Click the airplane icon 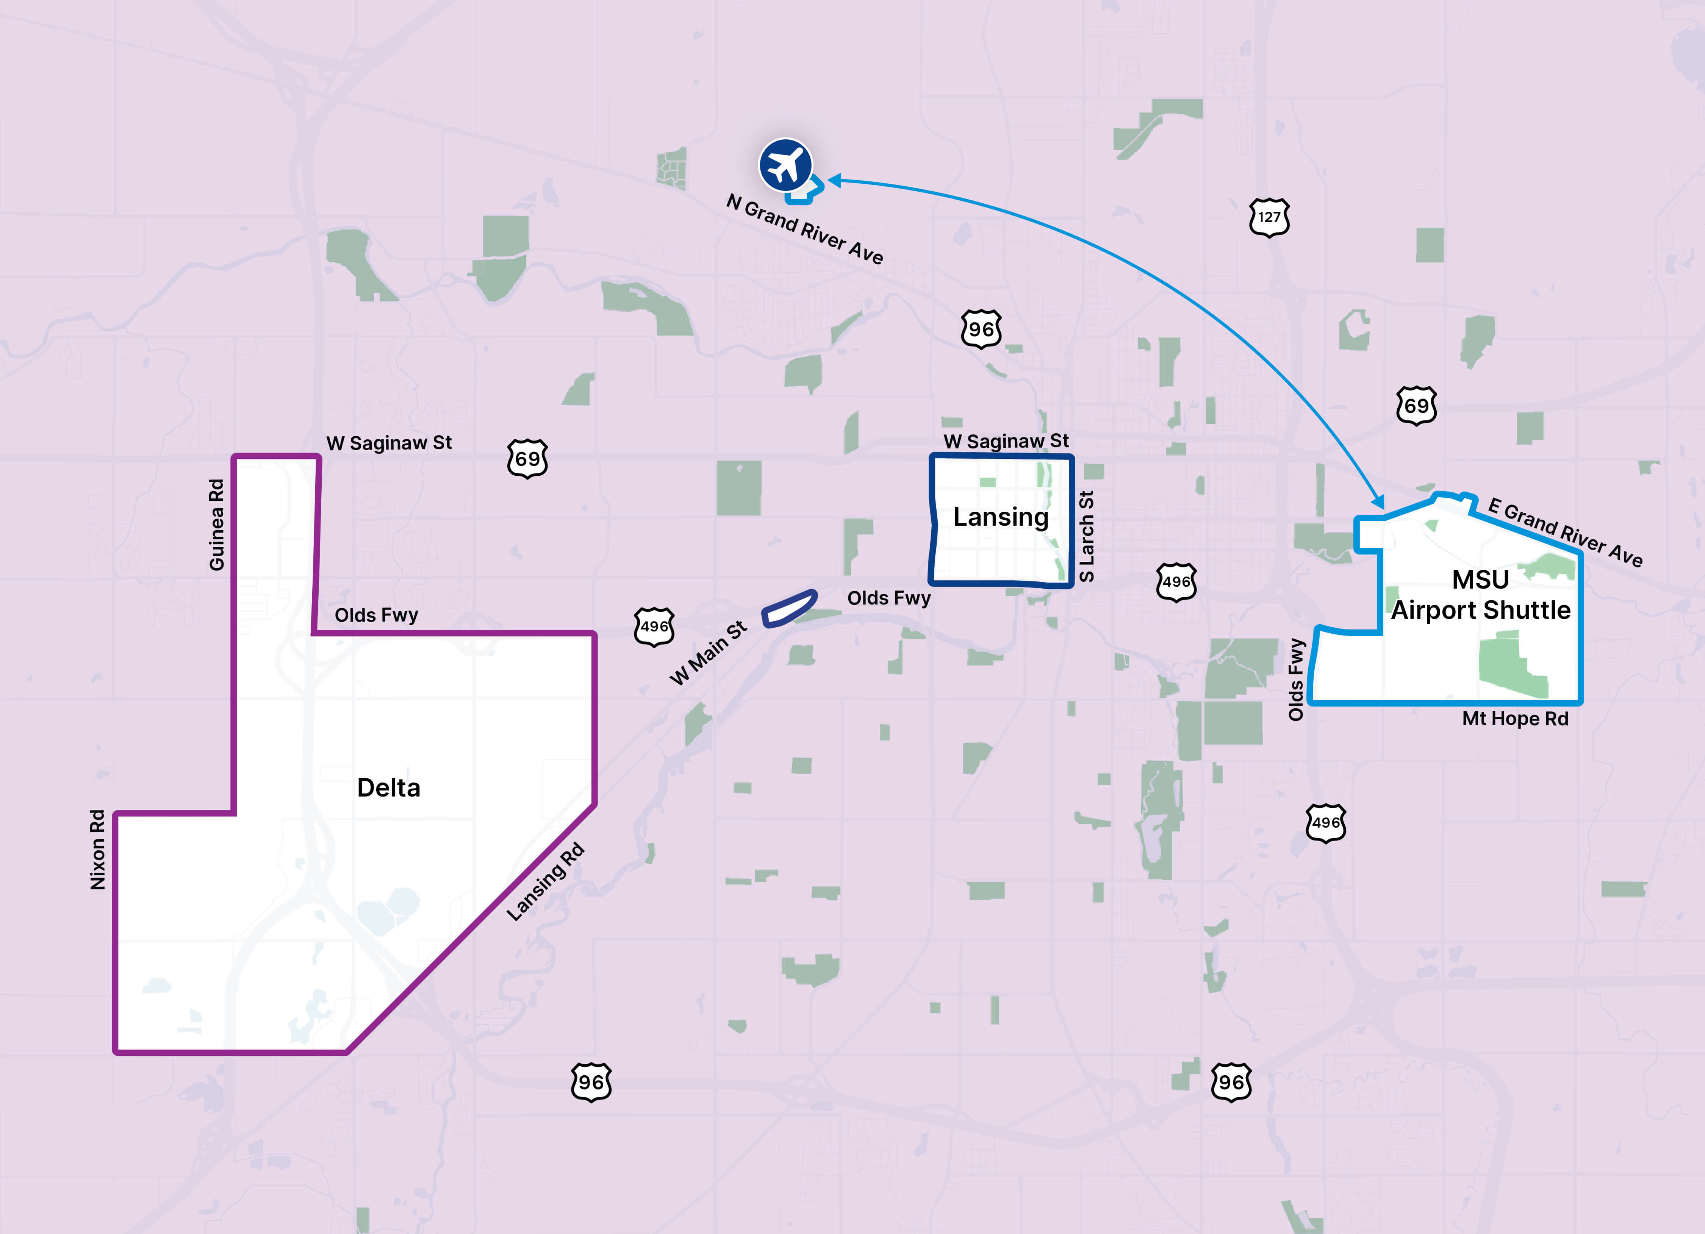click(785, 165)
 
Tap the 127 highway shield click(1269, 217)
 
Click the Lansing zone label click(1001, 517)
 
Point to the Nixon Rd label click(98, 849)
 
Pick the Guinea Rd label click(216, 525)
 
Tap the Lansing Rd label click(545, 881)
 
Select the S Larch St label click(1086, 536)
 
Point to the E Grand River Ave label click(1565, 531)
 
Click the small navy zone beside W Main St click(789, 608)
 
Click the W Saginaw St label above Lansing click(1006, 441)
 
